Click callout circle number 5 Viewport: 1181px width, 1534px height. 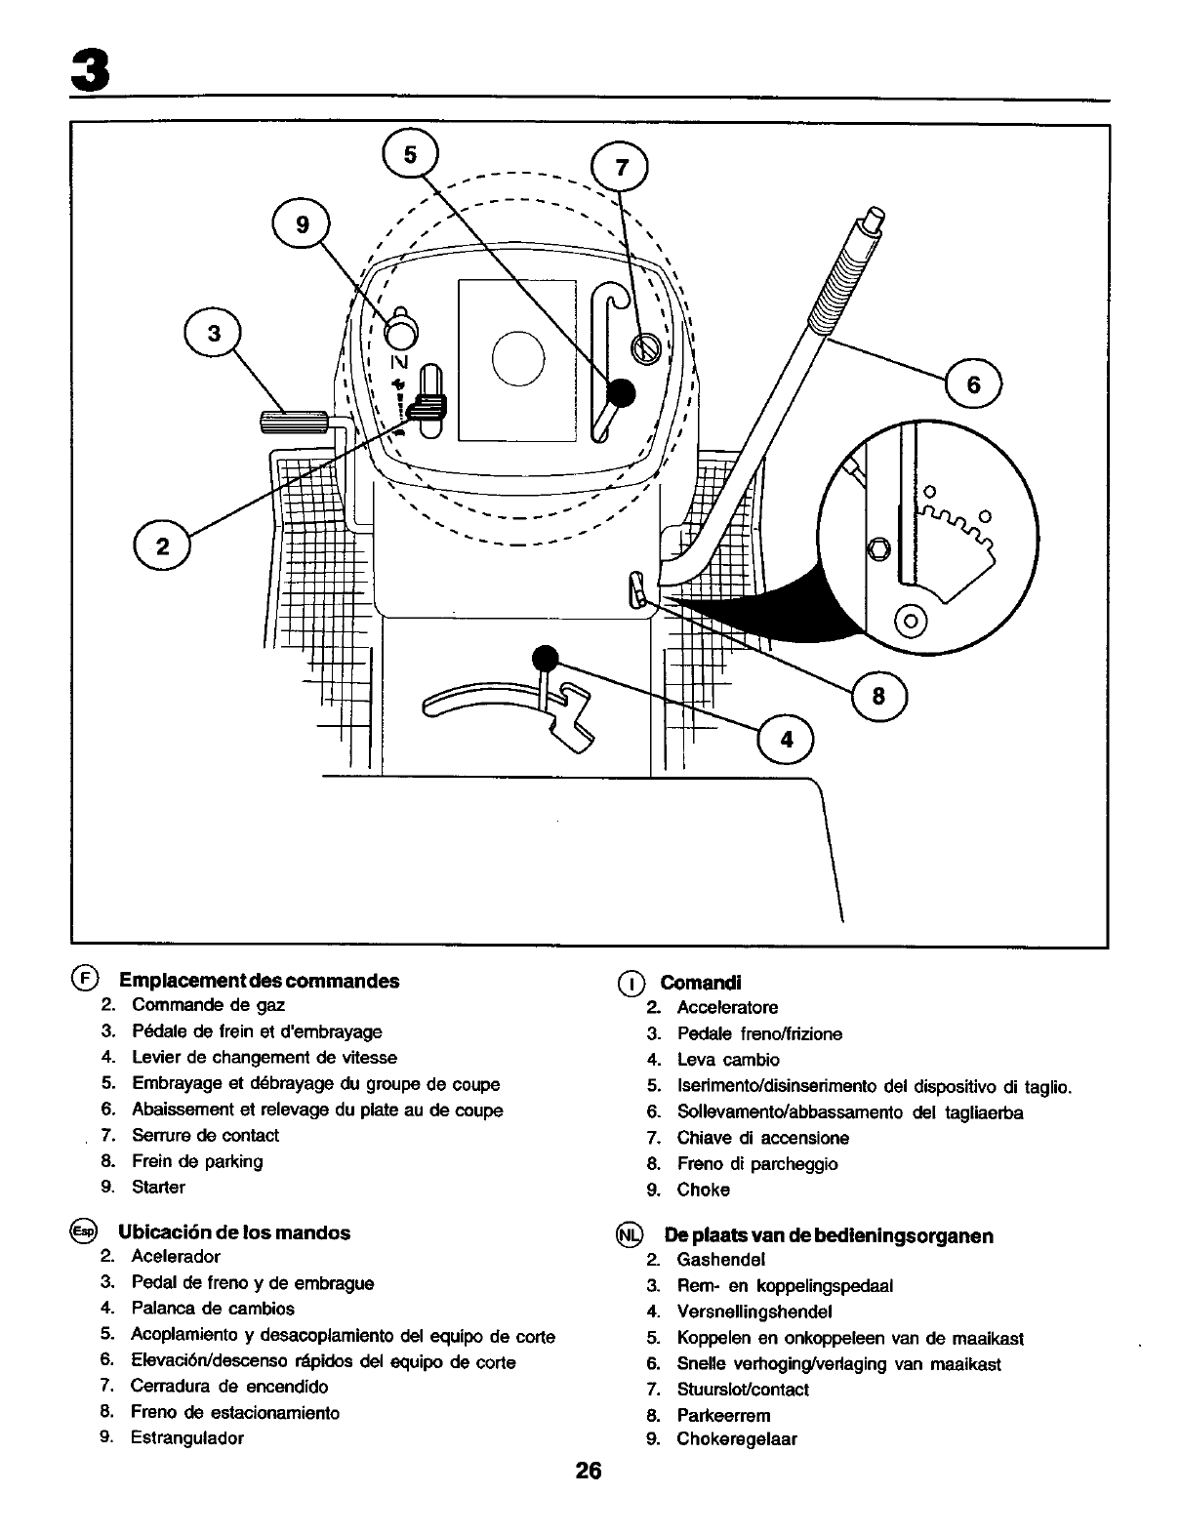tap(410, 156)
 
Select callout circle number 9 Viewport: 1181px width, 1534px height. tap(302, 225)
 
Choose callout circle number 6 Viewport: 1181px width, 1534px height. tap(973, 385)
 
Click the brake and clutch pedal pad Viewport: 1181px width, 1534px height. tap(283, 423)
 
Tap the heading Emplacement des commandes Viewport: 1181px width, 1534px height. tap(259, 981)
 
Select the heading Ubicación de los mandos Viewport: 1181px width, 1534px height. tap(234, 1232)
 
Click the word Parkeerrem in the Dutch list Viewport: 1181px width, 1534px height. tap(723, 1415)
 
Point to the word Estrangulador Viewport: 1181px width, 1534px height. tap(187, 1437)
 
